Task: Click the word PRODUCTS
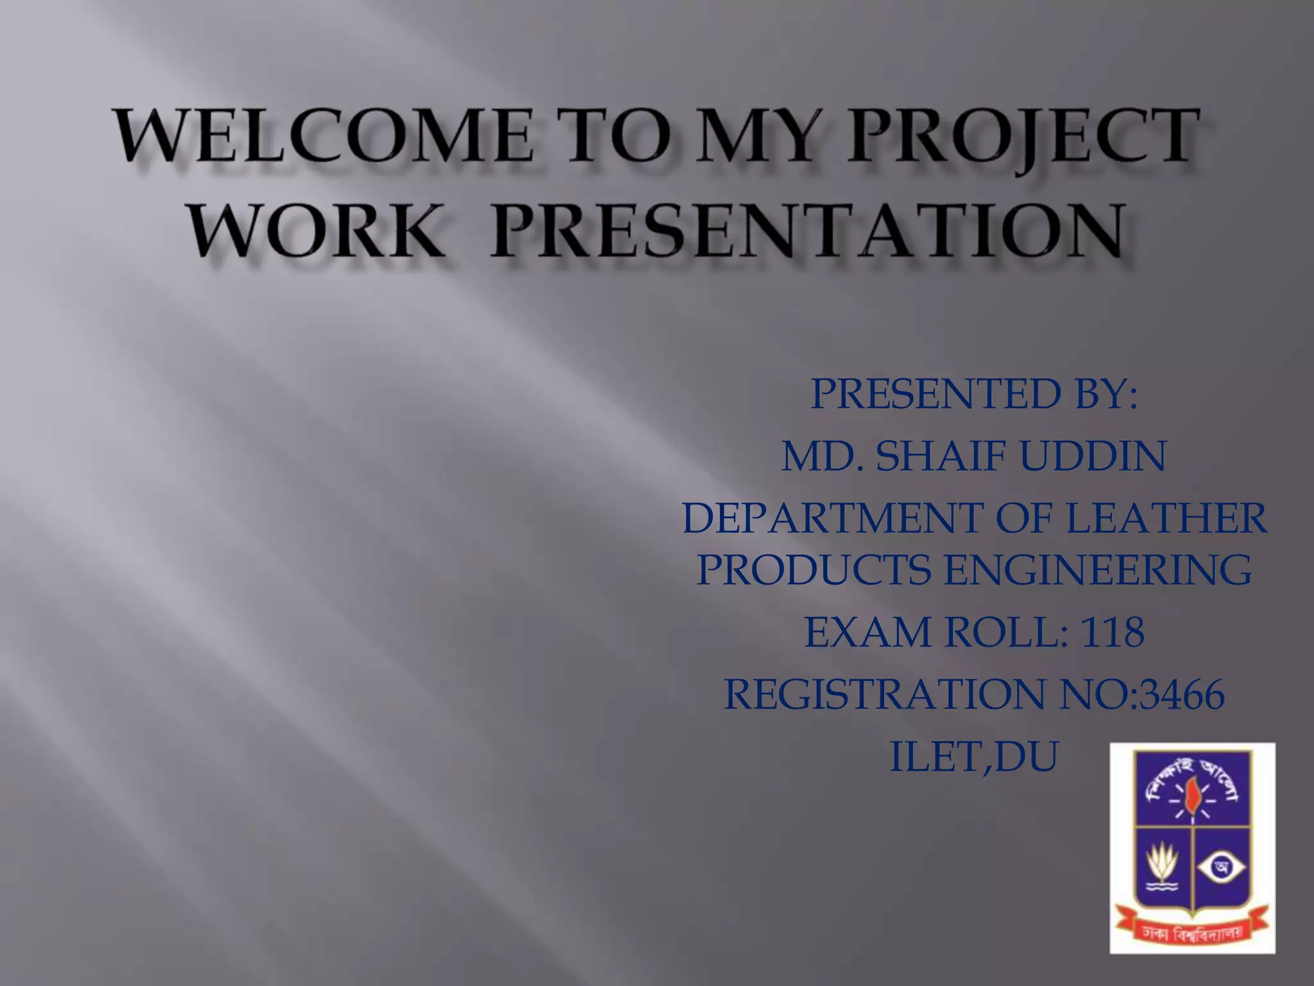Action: point(814,569)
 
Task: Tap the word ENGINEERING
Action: point(1098,569)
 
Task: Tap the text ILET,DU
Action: point(973,757)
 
